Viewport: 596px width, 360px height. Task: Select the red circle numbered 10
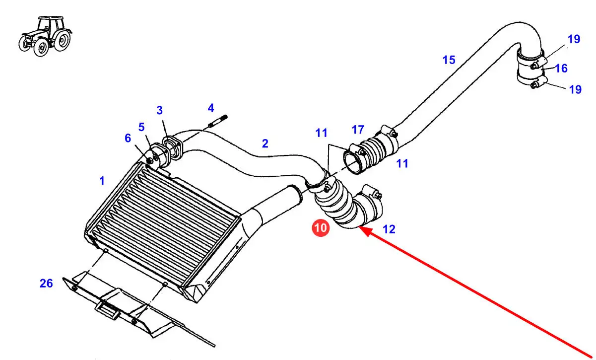pos(321,228)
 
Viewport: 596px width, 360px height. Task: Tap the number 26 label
pos(46,284)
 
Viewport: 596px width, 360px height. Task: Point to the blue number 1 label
pos(102,182)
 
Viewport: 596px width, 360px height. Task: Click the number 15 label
pos(449,60)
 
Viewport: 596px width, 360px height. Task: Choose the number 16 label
pos(561,68)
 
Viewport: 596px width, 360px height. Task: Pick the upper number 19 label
pos(574,39)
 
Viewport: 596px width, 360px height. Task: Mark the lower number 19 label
pos(575,89)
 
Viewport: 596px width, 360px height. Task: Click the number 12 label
pos(389,229)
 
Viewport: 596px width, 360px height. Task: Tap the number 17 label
pos(358,130)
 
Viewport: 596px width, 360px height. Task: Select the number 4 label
pos(211,108)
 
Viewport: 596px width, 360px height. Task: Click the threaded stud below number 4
pos(218,121)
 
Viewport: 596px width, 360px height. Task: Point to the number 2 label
pos(265,144)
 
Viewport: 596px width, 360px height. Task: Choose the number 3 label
pos(160,110)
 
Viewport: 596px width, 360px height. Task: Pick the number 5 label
pos(141,127)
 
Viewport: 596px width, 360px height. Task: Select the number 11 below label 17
pos(402,163)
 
